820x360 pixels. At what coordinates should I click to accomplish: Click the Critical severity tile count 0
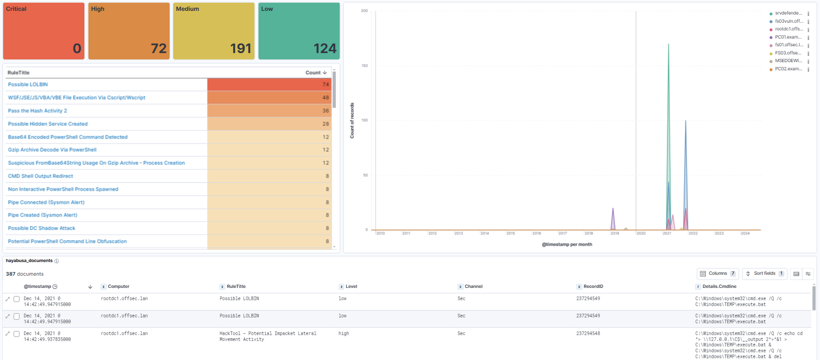tap(77, 48)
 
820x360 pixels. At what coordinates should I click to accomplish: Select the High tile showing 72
tap(158, 48)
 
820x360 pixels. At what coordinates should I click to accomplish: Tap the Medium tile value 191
tap(240, 48)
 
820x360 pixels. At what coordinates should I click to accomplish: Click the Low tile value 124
tap(325, 48)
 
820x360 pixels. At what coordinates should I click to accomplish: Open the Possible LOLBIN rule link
tap(28, 84)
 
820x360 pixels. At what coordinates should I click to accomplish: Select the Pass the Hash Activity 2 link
tap(37, 111)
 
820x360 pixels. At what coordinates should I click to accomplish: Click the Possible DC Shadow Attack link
tap(41, 228)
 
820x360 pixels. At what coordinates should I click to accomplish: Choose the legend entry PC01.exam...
tap(788, 37)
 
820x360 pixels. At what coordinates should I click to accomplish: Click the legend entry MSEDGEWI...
tap(788, 61)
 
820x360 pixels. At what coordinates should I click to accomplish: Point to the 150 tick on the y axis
tap(365, 66)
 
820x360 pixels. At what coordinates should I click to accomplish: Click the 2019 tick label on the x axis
tap(615, 234)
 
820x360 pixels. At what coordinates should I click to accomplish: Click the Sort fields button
tap(764, 273)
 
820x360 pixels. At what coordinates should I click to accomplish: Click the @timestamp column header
tap(38, 287)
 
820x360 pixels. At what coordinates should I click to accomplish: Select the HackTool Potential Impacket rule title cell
tap(268, 336)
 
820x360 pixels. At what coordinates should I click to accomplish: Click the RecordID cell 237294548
tap(588, 333)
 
